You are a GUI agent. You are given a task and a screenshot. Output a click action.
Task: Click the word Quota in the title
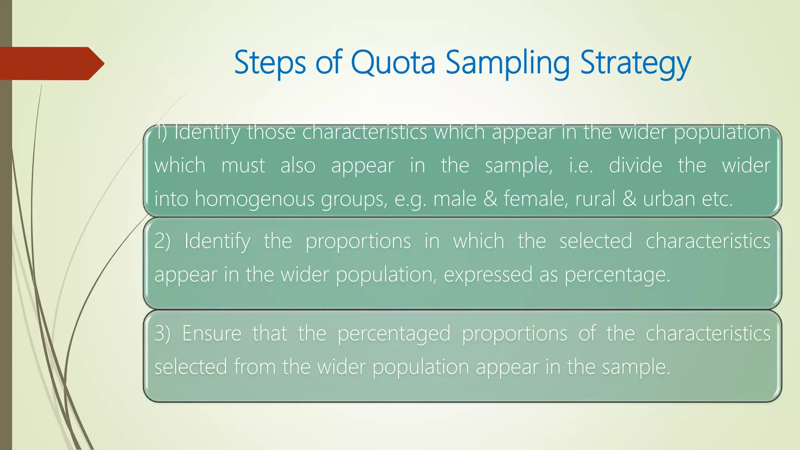tap(393, 62)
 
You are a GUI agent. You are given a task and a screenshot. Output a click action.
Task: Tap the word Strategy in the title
tap(636, 62)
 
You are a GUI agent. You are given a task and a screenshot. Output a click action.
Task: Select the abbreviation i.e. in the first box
tap(580, 165)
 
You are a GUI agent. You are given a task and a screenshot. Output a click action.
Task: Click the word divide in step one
tap(636, 165)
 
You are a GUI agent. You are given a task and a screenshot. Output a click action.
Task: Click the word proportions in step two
tap(358, 241)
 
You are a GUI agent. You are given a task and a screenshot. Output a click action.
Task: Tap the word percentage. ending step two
tap(617, 274)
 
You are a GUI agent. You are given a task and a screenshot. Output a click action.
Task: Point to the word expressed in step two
tap(488, 274)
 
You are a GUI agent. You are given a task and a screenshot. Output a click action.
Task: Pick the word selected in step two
tap(595, 241)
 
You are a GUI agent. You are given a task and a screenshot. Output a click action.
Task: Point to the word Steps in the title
tap(270, 62)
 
